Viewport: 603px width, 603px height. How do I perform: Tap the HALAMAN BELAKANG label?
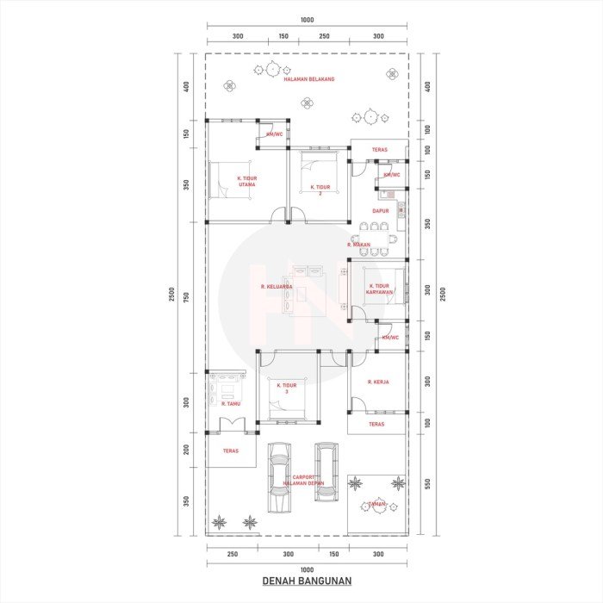309,79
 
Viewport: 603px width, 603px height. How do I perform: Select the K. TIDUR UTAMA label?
247,181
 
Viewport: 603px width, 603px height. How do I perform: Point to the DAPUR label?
380,210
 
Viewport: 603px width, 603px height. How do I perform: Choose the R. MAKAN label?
359,245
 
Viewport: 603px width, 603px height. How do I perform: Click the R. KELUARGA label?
277,286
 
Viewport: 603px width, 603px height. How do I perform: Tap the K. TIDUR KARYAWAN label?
379,289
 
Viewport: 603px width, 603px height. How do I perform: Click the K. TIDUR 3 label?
287,389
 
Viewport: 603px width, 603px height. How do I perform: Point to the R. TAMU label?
230,403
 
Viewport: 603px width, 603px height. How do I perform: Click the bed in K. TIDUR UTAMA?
227,179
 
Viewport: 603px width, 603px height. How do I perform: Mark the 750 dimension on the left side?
185,297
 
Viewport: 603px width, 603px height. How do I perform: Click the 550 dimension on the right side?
427,485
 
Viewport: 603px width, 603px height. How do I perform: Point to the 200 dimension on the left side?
185,449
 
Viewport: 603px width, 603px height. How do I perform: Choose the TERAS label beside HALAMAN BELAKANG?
379,150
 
